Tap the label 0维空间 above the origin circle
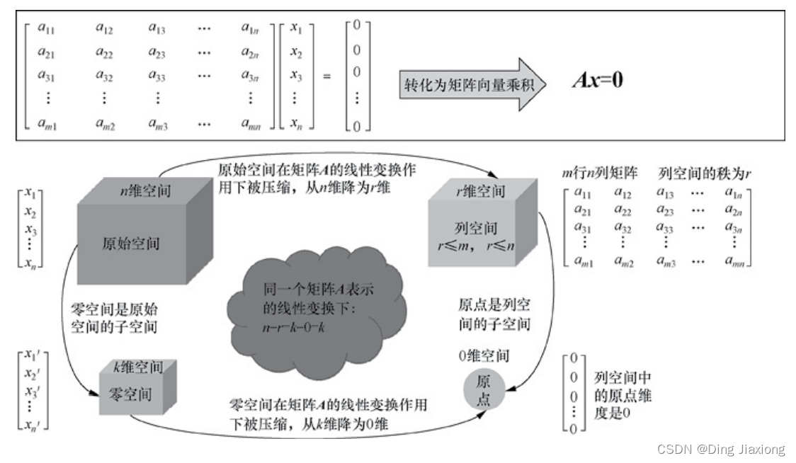tap(484, 355)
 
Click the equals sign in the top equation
tap(327, 75)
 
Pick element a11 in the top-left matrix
tap(47, 28)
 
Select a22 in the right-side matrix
tap(622, 210)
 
